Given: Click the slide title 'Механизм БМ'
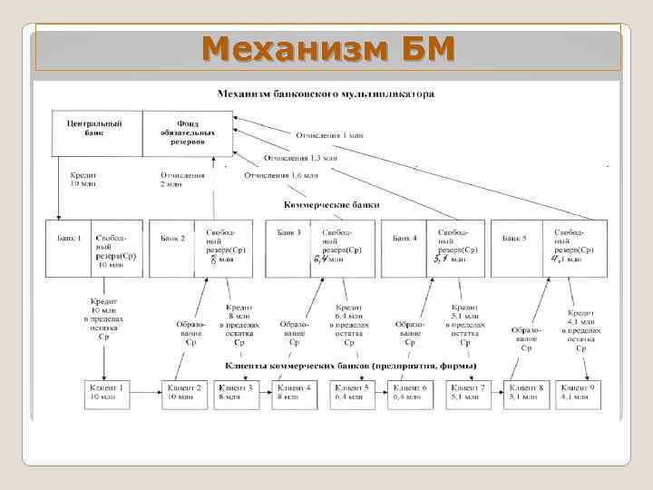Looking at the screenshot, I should (327, 48).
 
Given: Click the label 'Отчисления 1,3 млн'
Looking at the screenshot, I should (300, 157).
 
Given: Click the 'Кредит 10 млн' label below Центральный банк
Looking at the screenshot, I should (83, 179).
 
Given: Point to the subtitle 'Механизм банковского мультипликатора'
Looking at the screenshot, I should (326, 93).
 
